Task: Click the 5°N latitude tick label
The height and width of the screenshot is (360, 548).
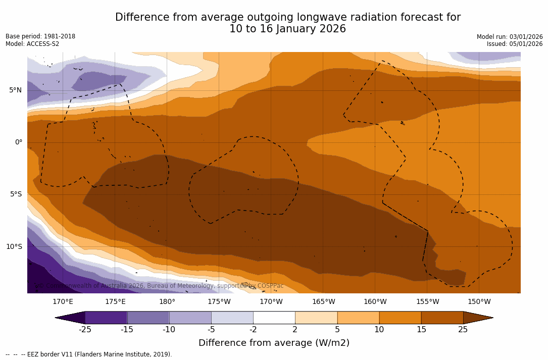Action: [x=15, y=90]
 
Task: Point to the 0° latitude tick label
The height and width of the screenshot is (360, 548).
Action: [x=19, y=142]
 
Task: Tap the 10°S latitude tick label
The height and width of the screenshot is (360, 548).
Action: [x=14, y=247]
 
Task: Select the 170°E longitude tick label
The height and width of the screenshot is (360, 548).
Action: [x=63, y=302]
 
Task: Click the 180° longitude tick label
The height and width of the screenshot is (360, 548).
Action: [x=167, y=302]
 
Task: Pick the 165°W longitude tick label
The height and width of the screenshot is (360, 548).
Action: [x=323, y=302]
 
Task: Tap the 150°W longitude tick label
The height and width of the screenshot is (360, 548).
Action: [x=479, y=302]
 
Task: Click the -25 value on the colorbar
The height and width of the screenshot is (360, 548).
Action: [x=85, y=330]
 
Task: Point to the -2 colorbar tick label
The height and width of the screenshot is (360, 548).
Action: [x=253, y=330]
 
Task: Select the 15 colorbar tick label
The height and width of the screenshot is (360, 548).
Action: [x=421, y=330]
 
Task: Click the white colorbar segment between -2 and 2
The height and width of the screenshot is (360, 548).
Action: [x=274, y=318]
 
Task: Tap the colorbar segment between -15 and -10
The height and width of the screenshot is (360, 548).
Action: [x=148, y=318]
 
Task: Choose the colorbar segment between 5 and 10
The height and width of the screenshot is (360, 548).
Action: [x=358, y=318]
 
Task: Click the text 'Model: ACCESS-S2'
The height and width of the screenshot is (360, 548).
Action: [x=32, y=44]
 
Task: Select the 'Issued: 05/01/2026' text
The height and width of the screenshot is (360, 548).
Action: [x=515, y=44]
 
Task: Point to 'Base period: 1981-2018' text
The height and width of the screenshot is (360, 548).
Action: [x=40, y=36]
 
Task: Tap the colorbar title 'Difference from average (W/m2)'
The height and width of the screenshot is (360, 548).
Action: [x=274, y=343]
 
